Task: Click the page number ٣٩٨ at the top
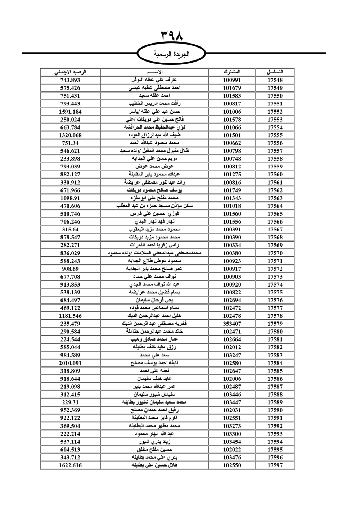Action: (x=172, y=36)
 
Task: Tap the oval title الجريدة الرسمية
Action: (x=172, y=54)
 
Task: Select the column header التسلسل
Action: (x=275, y=72)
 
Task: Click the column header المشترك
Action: (x=232, y=72)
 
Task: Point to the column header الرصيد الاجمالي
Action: (x=70, y=72)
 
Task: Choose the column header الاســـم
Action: (x=154, y=72)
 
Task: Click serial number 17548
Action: (x=275, y=80)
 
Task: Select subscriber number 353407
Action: (x=232, y=324)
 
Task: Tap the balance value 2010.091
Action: (x=70, y=363)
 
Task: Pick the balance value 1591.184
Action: (x=70, y=112)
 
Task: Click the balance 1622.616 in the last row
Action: (x=70, y=465)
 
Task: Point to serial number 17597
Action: (x=275, y=465)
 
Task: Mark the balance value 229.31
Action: (x=70, y=402)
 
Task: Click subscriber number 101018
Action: (x=232, y=206)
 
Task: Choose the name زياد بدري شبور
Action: (x=154, y=442)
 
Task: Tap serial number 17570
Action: (x=275, y=253)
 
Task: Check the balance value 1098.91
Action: (x=70, y=198)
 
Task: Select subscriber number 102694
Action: (x=232, y=300)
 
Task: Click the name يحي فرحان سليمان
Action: (x=154, y=300)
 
